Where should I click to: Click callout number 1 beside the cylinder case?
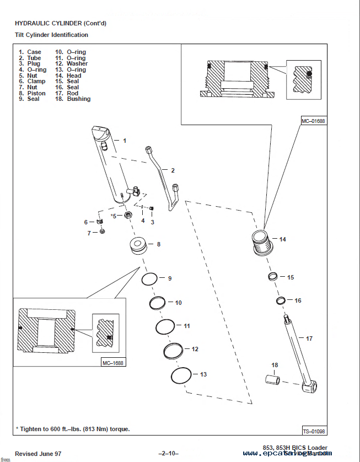pyautogui.click(x=125, y=141)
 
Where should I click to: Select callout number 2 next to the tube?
pyautogui.click(x=172, y=170)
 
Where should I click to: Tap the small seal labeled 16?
pyautogui.click(x=281, y=301)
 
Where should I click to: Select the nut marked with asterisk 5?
pyautogui.click(x=128, y=214)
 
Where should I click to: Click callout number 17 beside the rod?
pyautogui.click(x=309, y=338)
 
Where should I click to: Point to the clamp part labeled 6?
pyautogui.click(x=100, y=221)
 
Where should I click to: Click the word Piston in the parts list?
pyautogui.click(x=36, y=93)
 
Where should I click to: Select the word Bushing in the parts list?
pyautogui.click(x=79, y=99)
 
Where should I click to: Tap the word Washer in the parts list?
pyautogui.click(x=77, y=64)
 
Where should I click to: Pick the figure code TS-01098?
pyautogui.click(x=314, y=431)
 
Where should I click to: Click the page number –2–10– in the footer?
pyautogui.click(x=168, y=453)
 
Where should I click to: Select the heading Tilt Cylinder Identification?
pyautogui.click(x=51, y=35)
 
